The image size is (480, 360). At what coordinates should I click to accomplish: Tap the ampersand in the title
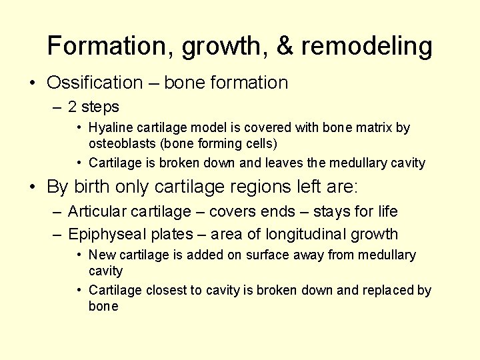[284, 46]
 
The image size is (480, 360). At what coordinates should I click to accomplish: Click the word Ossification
[95, 83]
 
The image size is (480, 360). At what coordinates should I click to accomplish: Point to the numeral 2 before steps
[73, 107]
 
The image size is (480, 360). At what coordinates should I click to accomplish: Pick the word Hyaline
[110, 127]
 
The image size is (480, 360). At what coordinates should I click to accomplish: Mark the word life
[385, 211]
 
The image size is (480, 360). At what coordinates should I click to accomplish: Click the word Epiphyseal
[109, 234]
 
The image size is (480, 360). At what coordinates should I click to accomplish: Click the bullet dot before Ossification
[32, 83]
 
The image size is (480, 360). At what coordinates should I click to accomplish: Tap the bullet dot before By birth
[32, 187]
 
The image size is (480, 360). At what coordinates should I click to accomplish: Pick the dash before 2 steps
[55, 107]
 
